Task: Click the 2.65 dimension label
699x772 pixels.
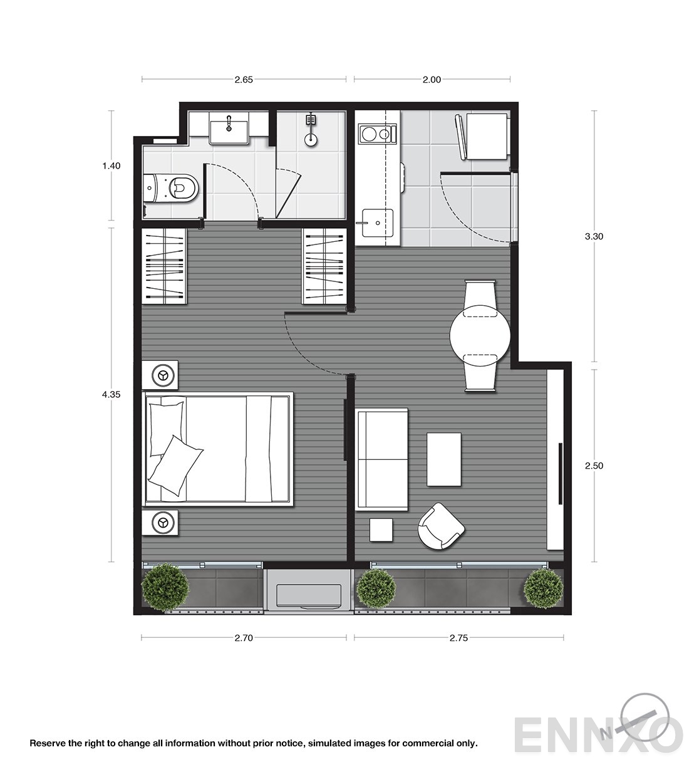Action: coord(244,80)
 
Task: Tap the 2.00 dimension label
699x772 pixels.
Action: coord(432,80)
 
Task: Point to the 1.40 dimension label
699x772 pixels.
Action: coord(111,166)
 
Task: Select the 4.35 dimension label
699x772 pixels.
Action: coord(111,395)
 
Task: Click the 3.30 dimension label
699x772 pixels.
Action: coord(594,237)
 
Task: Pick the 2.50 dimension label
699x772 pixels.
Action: coord(594,466)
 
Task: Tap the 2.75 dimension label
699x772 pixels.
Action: coord(458,638)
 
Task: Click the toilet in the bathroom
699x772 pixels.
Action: coord(170,189)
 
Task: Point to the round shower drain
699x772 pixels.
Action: coord(311,140)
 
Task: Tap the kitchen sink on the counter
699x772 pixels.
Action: coord(378,223)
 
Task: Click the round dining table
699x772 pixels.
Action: coord(480,335)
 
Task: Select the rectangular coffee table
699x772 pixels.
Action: coord(444,459)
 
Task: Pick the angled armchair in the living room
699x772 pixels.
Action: coord(441,526)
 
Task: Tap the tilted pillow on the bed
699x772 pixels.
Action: coord(176,466)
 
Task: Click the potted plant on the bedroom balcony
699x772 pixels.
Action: coord(165,587)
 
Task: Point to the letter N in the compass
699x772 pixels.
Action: coord(606,733)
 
